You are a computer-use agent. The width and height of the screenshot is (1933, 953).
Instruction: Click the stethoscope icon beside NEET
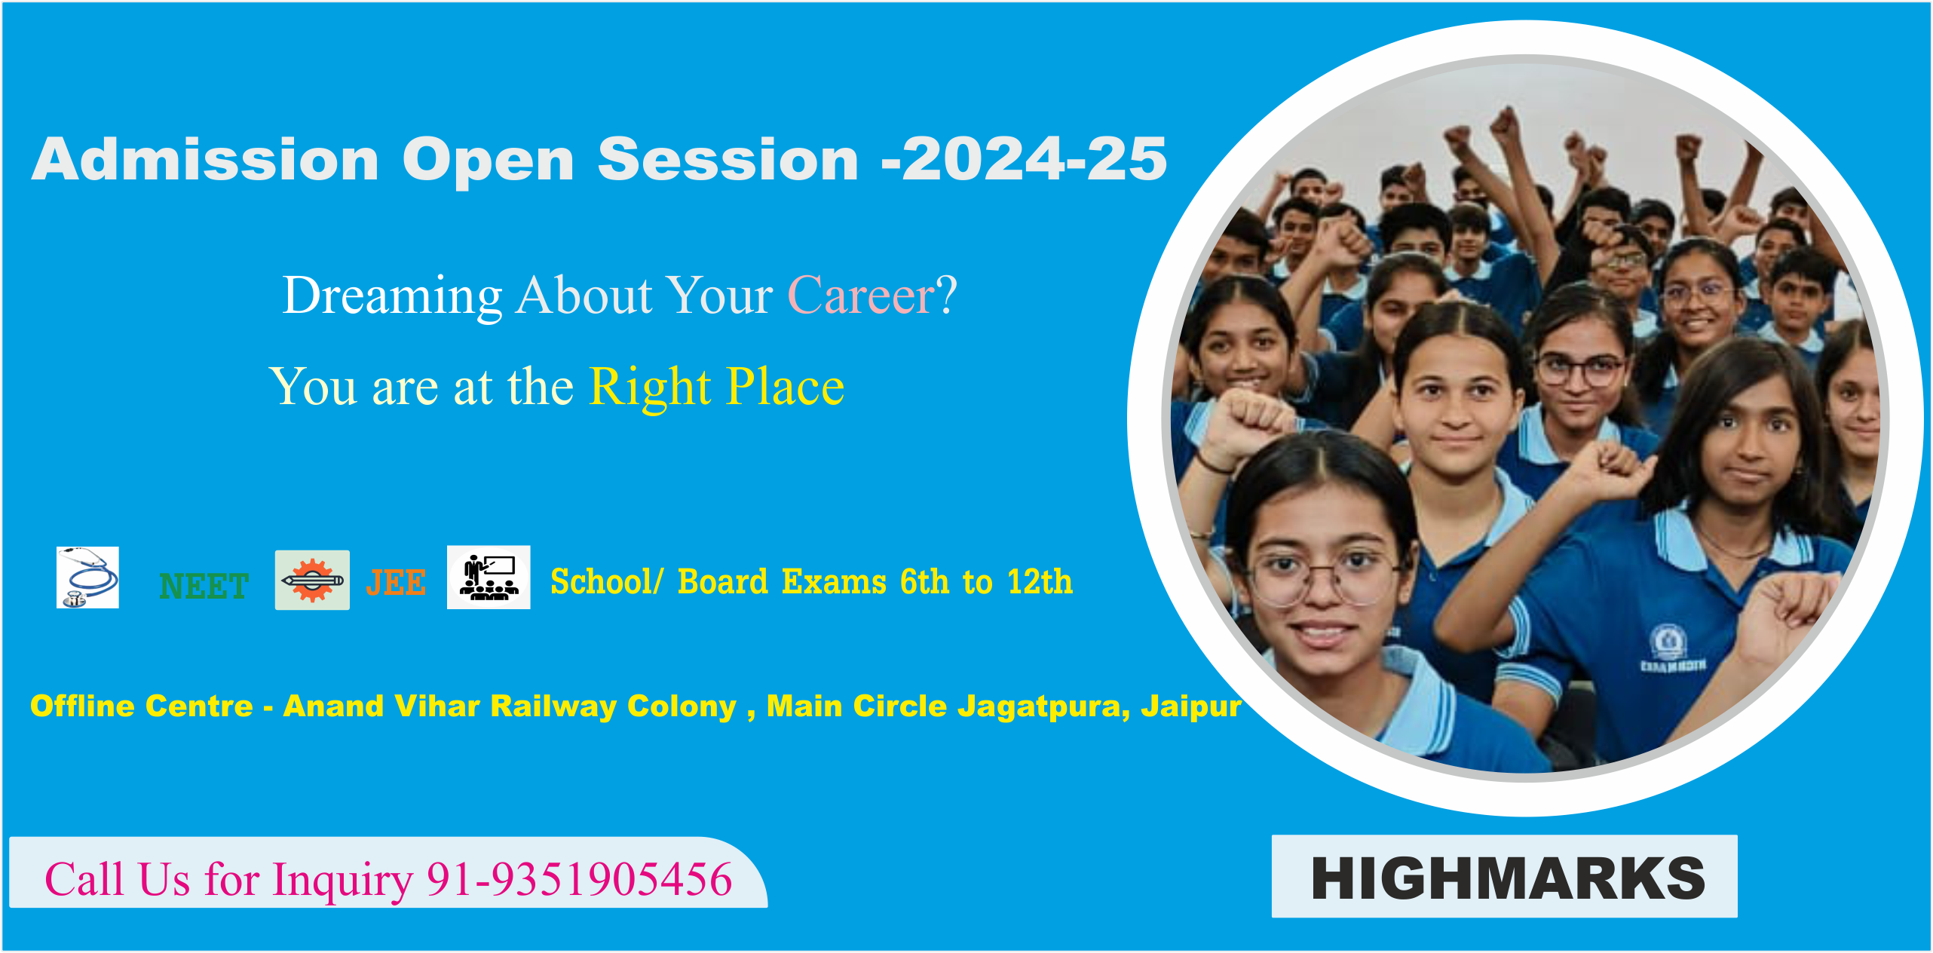pos(87,578)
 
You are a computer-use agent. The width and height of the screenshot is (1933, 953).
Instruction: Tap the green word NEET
pos(204,586)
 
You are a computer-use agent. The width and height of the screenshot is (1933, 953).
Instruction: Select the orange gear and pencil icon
pos(312,580)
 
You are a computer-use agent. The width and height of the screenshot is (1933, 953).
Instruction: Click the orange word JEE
pos(396,583)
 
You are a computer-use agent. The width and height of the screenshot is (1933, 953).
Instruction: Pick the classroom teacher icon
pos(489,578)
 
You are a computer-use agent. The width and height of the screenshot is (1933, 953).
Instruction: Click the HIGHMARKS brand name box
pos(1505,876)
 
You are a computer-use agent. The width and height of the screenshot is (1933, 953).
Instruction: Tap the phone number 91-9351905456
pos(580,879)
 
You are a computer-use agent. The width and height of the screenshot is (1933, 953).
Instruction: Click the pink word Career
pos(862,295)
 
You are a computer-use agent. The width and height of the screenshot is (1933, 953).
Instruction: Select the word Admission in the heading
pos(205,159)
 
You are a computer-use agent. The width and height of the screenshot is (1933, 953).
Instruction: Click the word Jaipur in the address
pos(1191,706)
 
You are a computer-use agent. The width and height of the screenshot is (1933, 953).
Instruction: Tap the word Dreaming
pos(393,296)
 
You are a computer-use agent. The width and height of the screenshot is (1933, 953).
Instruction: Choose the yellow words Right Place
pos(716,388)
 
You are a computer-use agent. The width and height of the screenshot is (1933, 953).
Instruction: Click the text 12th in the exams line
pos(1040,581)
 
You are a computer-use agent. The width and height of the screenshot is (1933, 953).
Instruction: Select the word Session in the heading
pos(728,159)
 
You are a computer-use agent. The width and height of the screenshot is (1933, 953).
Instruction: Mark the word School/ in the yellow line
pos(607,582)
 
